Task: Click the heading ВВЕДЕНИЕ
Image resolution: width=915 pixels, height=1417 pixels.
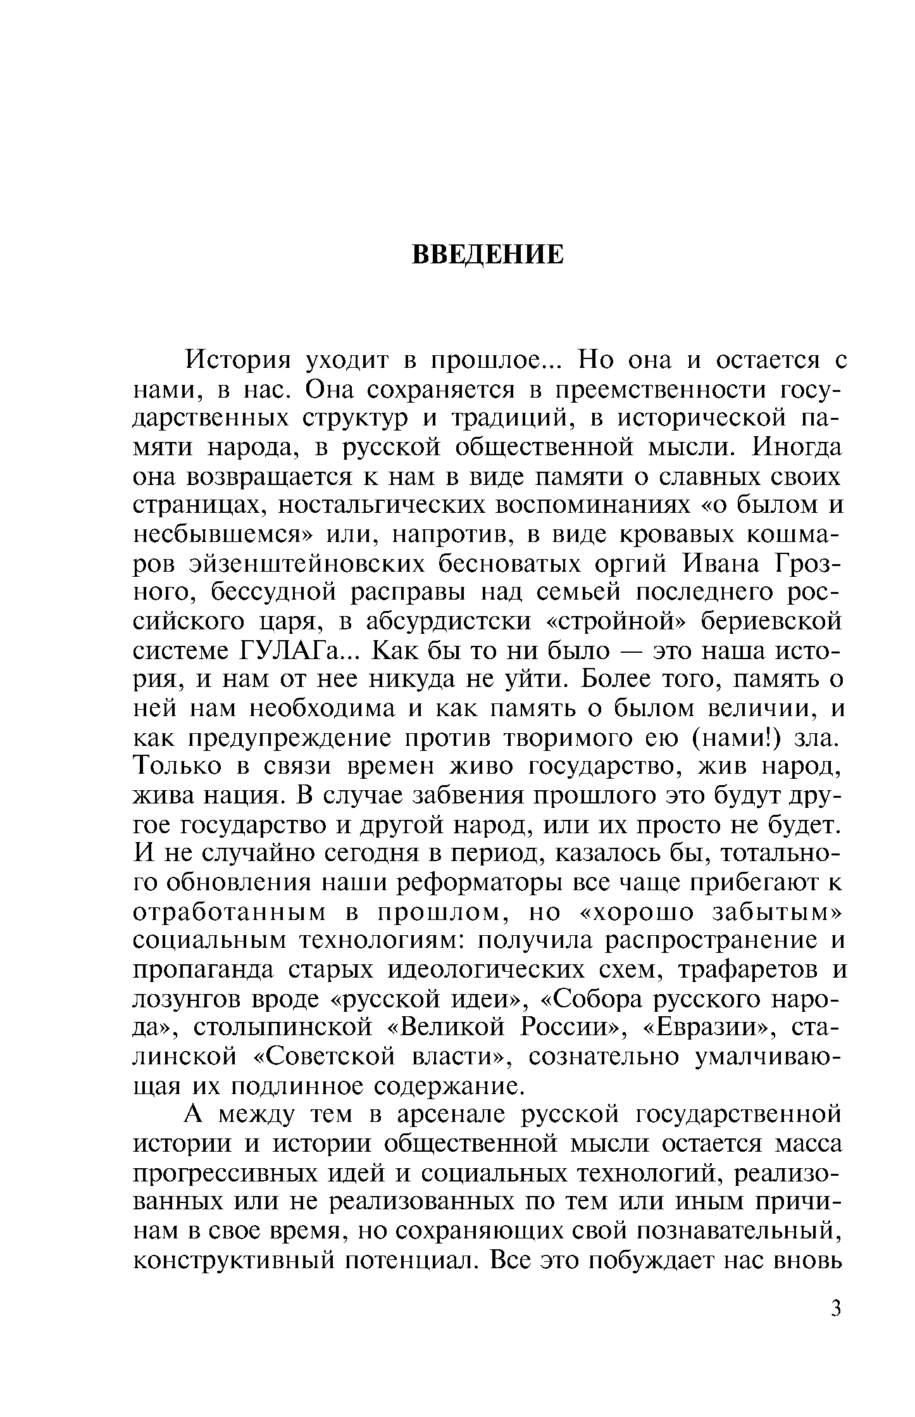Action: coord(487,255)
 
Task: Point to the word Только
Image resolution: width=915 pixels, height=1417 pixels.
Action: coord(177,767)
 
